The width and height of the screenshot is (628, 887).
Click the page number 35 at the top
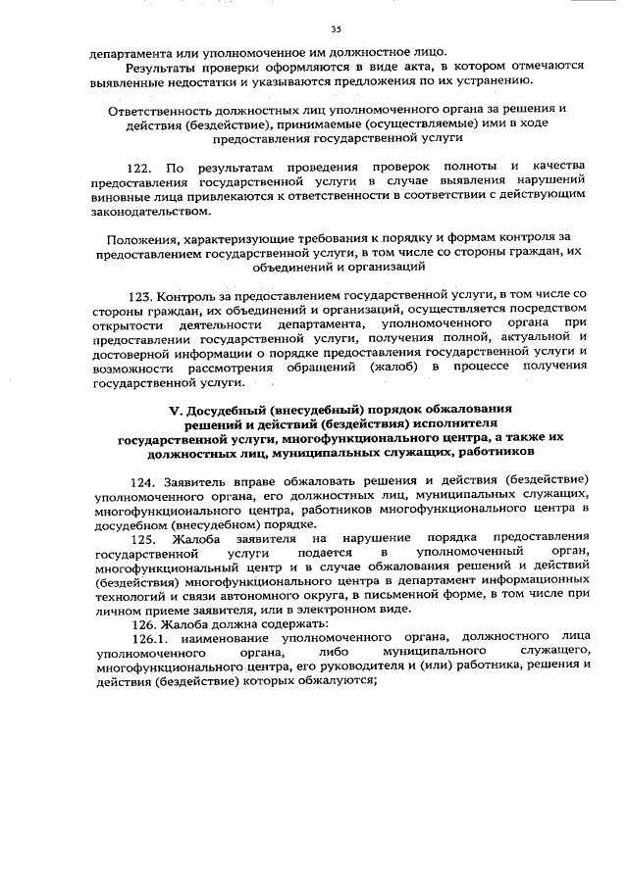(x=337, y=29)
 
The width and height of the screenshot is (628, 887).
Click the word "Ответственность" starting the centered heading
(x=157, y=110)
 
